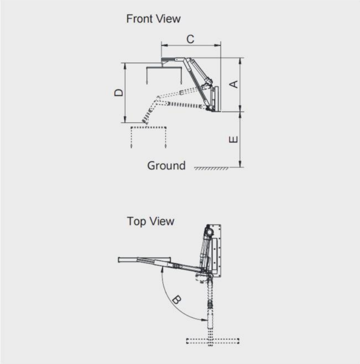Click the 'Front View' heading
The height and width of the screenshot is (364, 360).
click(x=153, y=19)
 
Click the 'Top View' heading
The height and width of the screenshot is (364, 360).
click(x=151, y=221)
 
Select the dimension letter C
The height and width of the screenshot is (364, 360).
click(x=190, y=39)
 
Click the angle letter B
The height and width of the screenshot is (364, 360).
click(x=176, y=300)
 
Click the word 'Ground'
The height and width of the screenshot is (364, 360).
click(x=166, y=166)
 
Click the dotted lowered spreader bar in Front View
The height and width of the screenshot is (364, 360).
click(x=149, y=127)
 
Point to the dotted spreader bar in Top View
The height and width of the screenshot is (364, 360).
click(x=212, y=340)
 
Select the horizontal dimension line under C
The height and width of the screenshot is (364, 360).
click(x=191, y=44)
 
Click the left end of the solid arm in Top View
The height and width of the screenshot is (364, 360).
click(x=121, y=260)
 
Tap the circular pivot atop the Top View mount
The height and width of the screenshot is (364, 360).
click(x=209, y=231)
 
